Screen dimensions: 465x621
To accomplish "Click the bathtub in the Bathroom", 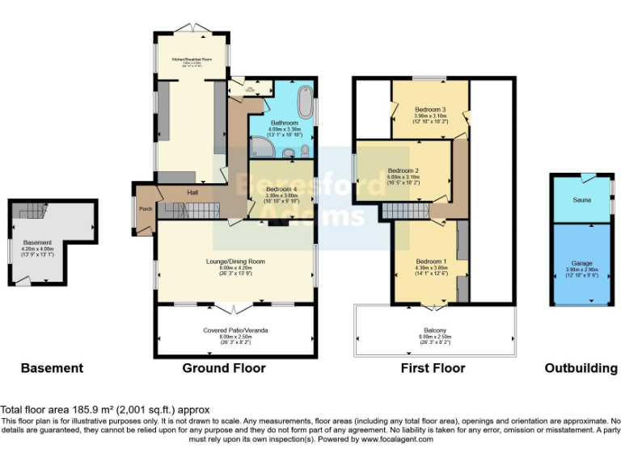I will pyautogui.click(x=304, y=103).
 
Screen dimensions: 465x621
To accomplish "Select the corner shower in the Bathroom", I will pyautogui.click(x=260, y=146).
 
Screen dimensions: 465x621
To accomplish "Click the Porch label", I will pyautogui.click(x=146, y=209).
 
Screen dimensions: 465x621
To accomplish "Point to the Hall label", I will pyautogui.click(x=192, y=193).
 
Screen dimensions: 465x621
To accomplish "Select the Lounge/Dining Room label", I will pyautogui.click(x=234, y=262).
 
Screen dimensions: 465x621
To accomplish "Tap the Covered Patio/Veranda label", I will pyautogui.click(x=235, y=331).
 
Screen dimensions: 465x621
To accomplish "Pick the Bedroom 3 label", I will pyautogui.click(x=430, y=110).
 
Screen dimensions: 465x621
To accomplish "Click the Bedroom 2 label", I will pyautogui.click(x=403, y=170).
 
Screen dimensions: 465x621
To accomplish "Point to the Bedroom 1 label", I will pyautogui.click(x=430, y=262).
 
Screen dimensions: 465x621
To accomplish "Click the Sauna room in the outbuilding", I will pyautogui.click(x=581, y=198).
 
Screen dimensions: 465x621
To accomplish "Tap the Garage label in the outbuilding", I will pyautogui.click(x=581, y=263).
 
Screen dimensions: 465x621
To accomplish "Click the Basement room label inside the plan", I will pyautogui.click(x=37, y=242).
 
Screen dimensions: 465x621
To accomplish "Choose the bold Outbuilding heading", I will pyautogui.click(x=581, y=368).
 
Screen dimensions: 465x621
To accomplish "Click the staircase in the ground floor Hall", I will pyautogui.click(x=192, y=211).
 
